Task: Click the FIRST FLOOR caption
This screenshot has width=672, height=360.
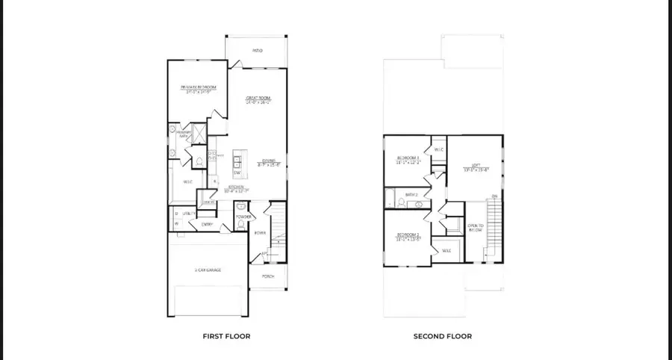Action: [x=226, y=336]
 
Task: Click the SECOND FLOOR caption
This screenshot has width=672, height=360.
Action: [x=442, y=336]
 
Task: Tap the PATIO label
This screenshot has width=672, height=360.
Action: [x=258, y=51]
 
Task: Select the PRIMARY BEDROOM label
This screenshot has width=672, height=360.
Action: [x=199, y=88]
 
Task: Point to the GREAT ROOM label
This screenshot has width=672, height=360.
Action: [x=258, y=98]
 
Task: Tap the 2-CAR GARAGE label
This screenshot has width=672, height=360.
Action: [x=209, y=270]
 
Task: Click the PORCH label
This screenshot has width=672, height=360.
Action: [x=268, y=276]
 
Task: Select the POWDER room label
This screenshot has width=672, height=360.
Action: [x=243, y=217]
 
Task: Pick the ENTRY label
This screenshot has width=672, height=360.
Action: [x=206, y=223]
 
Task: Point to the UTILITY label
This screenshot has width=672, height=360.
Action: [x=189, y=214]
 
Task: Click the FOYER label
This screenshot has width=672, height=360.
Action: [x=260, y=233]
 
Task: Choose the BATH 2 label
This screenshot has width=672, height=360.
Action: [x=411, y=194]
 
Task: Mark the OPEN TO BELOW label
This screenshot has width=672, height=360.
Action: [x=476, y=227]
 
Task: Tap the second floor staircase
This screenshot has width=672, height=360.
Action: [x=493, y=228]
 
